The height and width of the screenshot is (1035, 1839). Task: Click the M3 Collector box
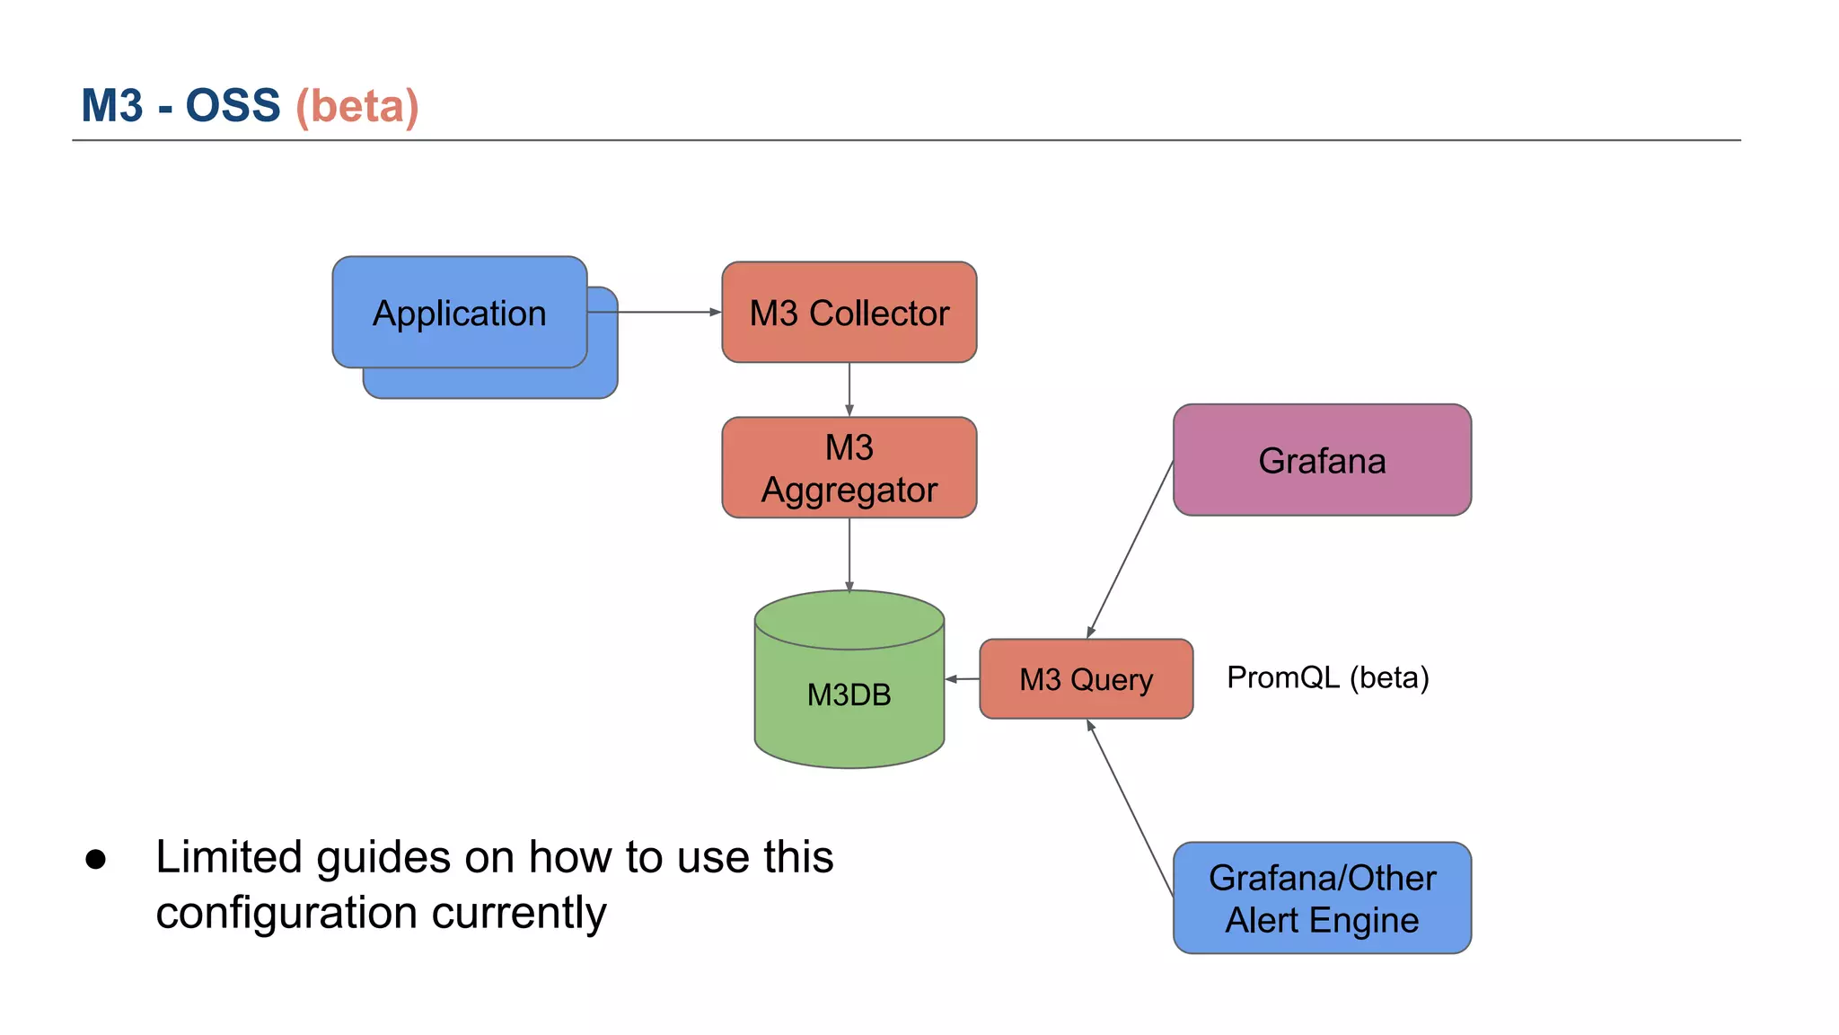coord(849,313)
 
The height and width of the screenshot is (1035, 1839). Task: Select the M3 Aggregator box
coord(849,468)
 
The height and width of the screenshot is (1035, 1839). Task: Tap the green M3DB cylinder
coord(849,694)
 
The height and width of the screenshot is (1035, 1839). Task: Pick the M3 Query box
coord(1086,679)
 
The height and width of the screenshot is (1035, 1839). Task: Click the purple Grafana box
coord(1322,460)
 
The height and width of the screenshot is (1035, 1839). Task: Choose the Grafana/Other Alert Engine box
coord(1322,898)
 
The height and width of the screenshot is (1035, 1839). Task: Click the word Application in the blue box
coord(459,314)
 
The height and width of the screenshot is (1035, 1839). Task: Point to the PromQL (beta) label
coord(1327,677)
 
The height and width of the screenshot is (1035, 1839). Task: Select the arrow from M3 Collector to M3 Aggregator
coord(849,389)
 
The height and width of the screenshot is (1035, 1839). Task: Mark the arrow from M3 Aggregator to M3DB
coord(849,553)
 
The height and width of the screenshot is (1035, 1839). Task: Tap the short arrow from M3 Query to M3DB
coord(963,679)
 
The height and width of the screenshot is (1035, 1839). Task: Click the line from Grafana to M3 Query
coord(1131,550)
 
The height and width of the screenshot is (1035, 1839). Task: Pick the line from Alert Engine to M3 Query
coord(1131,809)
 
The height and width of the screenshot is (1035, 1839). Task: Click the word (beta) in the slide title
coord(357,106)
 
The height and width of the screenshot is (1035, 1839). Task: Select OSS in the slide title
coord(233,106)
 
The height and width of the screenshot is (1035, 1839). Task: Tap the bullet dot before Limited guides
coord(96,859)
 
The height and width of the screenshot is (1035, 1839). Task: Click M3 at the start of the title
coord(112,106)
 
